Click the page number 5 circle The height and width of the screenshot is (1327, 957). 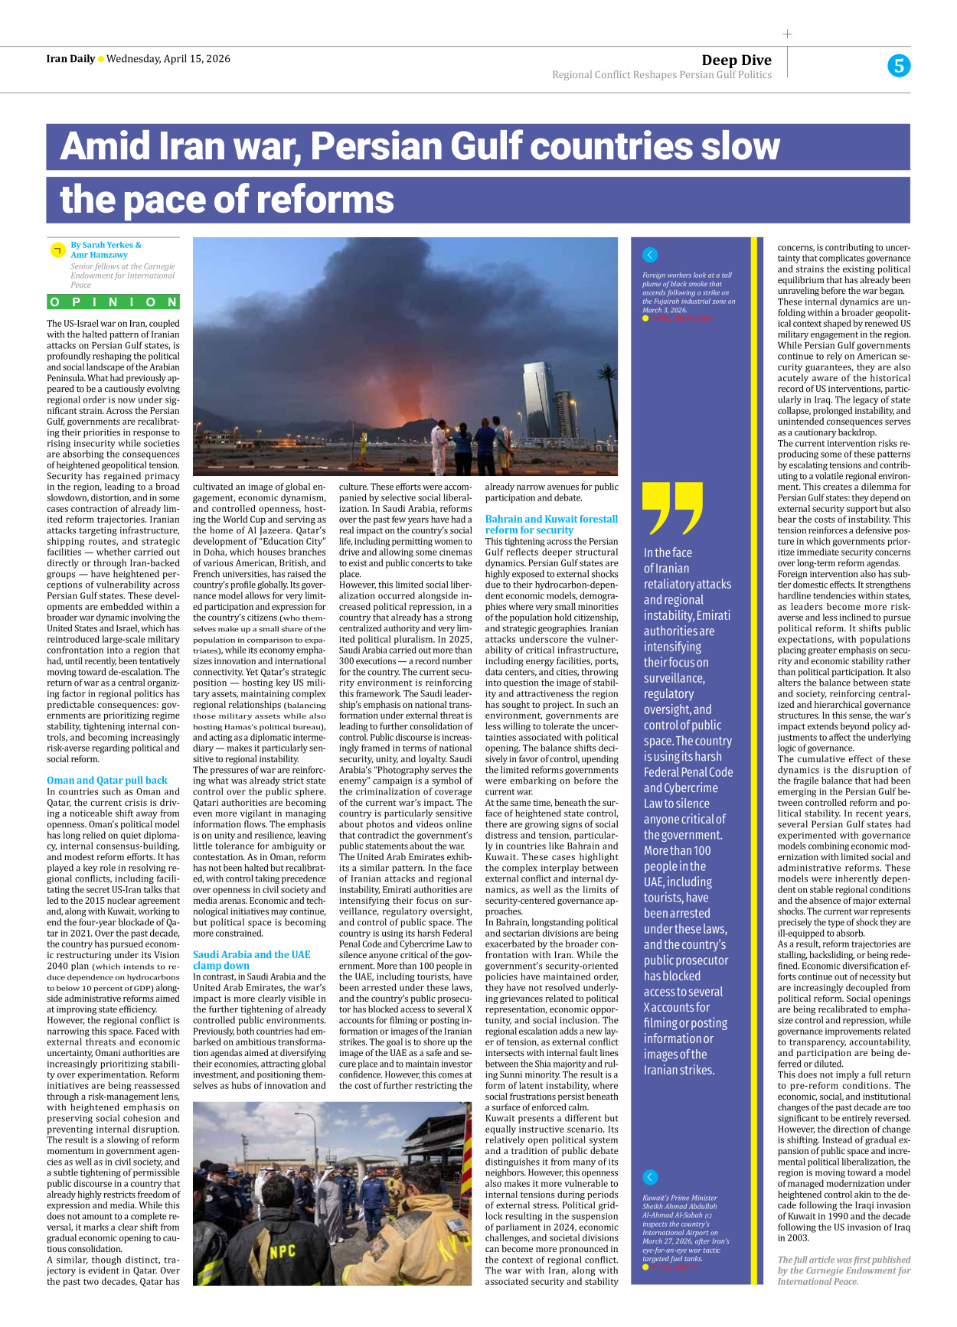tap(899, 66)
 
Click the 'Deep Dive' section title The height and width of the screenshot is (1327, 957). tap(736, 60)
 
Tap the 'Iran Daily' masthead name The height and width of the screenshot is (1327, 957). tap(70, 59)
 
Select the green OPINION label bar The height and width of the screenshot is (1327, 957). tap(113, 302)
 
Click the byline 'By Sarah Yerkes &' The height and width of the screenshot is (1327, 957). tap(106, 245)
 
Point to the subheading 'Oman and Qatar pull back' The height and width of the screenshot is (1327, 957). tap(106, 781)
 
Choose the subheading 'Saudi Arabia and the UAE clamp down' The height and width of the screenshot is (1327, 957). tap(251, 960)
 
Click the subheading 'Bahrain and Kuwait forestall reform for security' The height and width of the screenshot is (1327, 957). tap(551, 524)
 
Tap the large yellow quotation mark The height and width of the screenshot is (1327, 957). tap(672, 508)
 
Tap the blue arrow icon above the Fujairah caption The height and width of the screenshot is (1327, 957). tap(650, 255)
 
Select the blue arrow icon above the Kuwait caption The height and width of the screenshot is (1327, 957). tap(650, 1177)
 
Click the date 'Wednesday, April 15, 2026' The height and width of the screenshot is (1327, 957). tap(168, 59)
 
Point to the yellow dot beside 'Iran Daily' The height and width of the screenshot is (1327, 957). tap(100, 60)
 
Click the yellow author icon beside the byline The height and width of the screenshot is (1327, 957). tap(57, 250)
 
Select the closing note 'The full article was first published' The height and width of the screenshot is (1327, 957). tap(844, 1260)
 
